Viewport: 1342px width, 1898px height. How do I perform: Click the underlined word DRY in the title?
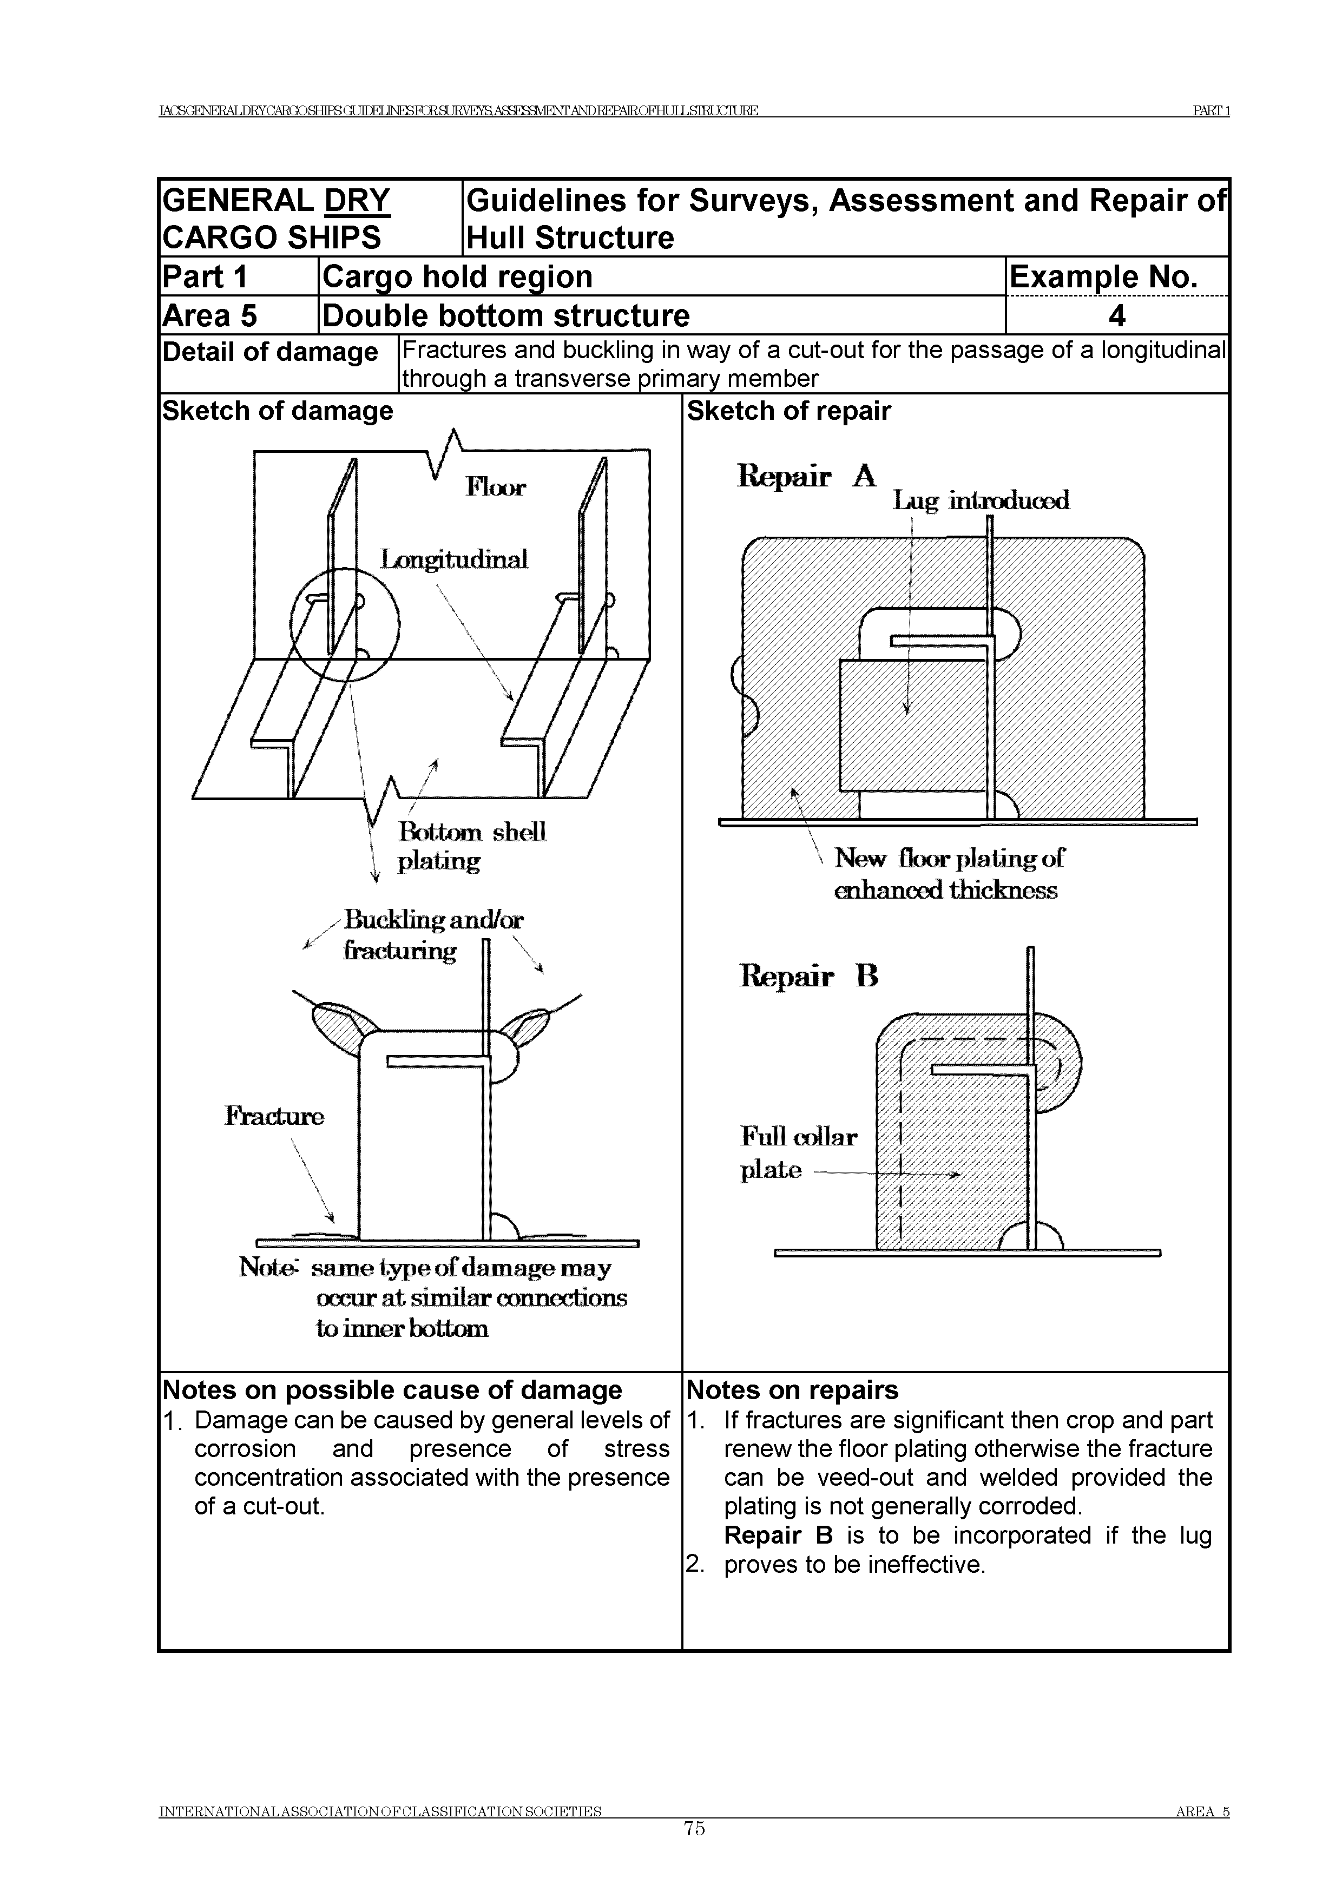[357, 201]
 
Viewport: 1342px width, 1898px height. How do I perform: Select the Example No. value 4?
[1116, 316]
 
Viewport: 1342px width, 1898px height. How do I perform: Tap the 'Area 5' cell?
[210, 316]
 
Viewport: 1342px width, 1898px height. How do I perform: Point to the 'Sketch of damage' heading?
[278, 411]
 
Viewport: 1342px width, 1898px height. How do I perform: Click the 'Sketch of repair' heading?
[789, 411]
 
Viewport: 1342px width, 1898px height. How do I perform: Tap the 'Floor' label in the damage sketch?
[495, 487]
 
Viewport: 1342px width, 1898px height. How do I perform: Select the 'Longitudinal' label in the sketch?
[453, 559]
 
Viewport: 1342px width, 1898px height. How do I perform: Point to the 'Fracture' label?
[274, 1116]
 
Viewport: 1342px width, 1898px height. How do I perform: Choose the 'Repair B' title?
[808, 976]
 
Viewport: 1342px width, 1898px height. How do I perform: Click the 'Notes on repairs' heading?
[792, 1390]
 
